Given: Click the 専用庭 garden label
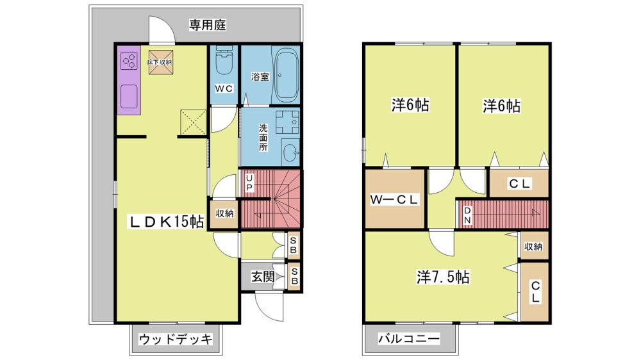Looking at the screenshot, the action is click(x=207, y=26).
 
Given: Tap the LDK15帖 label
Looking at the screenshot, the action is click(x=167, y=222).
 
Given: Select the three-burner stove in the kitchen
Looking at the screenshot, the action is click(x=129, y=61).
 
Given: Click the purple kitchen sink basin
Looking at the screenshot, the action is click(x=129, y=97).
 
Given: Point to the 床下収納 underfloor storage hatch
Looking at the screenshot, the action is click(x=160, y=63).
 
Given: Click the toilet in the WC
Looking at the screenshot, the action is click(x=224, y=61).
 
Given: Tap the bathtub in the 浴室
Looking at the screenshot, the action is click(x=286, y=75).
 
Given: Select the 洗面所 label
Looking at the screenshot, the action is click(x=263, y=137).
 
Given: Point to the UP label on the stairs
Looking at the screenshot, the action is click(x=249, y=183).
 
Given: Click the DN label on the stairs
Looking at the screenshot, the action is click(x=467, y=215).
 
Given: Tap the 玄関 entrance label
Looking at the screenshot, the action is click(x=262, y=277).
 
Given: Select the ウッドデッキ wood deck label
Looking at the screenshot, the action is click(x=176, y=339).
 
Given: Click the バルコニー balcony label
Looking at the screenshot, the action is click(x=409, y=339).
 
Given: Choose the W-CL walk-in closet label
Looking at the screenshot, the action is click(x=394, y=199).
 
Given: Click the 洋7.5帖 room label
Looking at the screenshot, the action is click(x=443, y=277).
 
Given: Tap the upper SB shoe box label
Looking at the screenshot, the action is click(x=293, y=245).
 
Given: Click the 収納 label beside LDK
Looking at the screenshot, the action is click(x=224, y=213).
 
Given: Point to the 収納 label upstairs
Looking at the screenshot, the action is click(x=533, y=247).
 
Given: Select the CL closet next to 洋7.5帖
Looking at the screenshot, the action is click(x=535, y=291).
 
